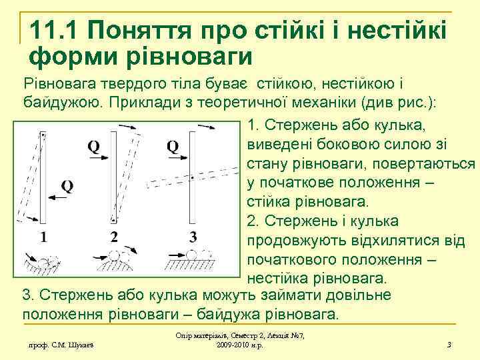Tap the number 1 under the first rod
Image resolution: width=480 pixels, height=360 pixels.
click(43, 236)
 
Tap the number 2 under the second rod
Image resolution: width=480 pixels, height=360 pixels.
click(114, 236)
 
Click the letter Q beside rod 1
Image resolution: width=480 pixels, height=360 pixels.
click(66, 185)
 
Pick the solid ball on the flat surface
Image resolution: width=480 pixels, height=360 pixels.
click(191, 255)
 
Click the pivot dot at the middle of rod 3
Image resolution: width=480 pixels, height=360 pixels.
click(192, 179)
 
